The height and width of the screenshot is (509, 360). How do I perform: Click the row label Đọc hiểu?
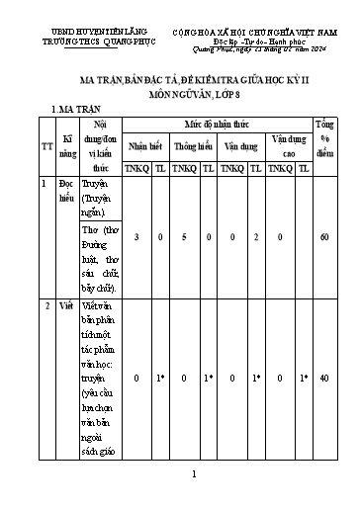pos(67,189)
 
